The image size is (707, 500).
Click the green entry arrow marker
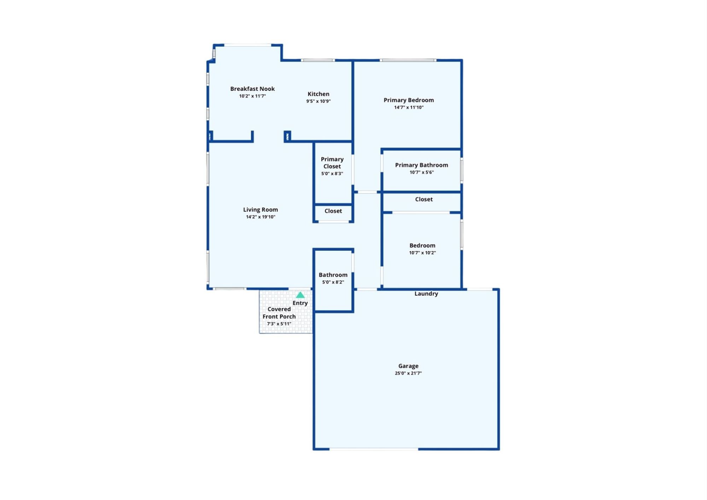300,295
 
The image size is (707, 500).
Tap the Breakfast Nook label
252,89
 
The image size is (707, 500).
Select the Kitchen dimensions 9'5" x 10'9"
319,101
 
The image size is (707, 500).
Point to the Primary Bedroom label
409,100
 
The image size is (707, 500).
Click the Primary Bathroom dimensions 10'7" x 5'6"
422,172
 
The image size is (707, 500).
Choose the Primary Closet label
332,163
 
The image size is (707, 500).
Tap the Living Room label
261,210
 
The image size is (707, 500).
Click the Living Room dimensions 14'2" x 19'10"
261,217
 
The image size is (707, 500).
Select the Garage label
408,366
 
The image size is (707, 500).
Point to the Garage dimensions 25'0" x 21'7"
408,373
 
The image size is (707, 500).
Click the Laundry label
426,293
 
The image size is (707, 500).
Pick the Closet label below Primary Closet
333,211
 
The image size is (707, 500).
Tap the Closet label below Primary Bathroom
424,199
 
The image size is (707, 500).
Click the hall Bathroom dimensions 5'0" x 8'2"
333,282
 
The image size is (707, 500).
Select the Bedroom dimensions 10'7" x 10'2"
422,253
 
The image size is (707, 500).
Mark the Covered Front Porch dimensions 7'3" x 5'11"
279,324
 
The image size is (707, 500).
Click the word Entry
300,303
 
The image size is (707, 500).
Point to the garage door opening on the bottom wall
374,449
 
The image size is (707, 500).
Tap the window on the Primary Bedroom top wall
408,60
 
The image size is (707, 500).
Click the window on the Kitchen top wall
318,60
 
